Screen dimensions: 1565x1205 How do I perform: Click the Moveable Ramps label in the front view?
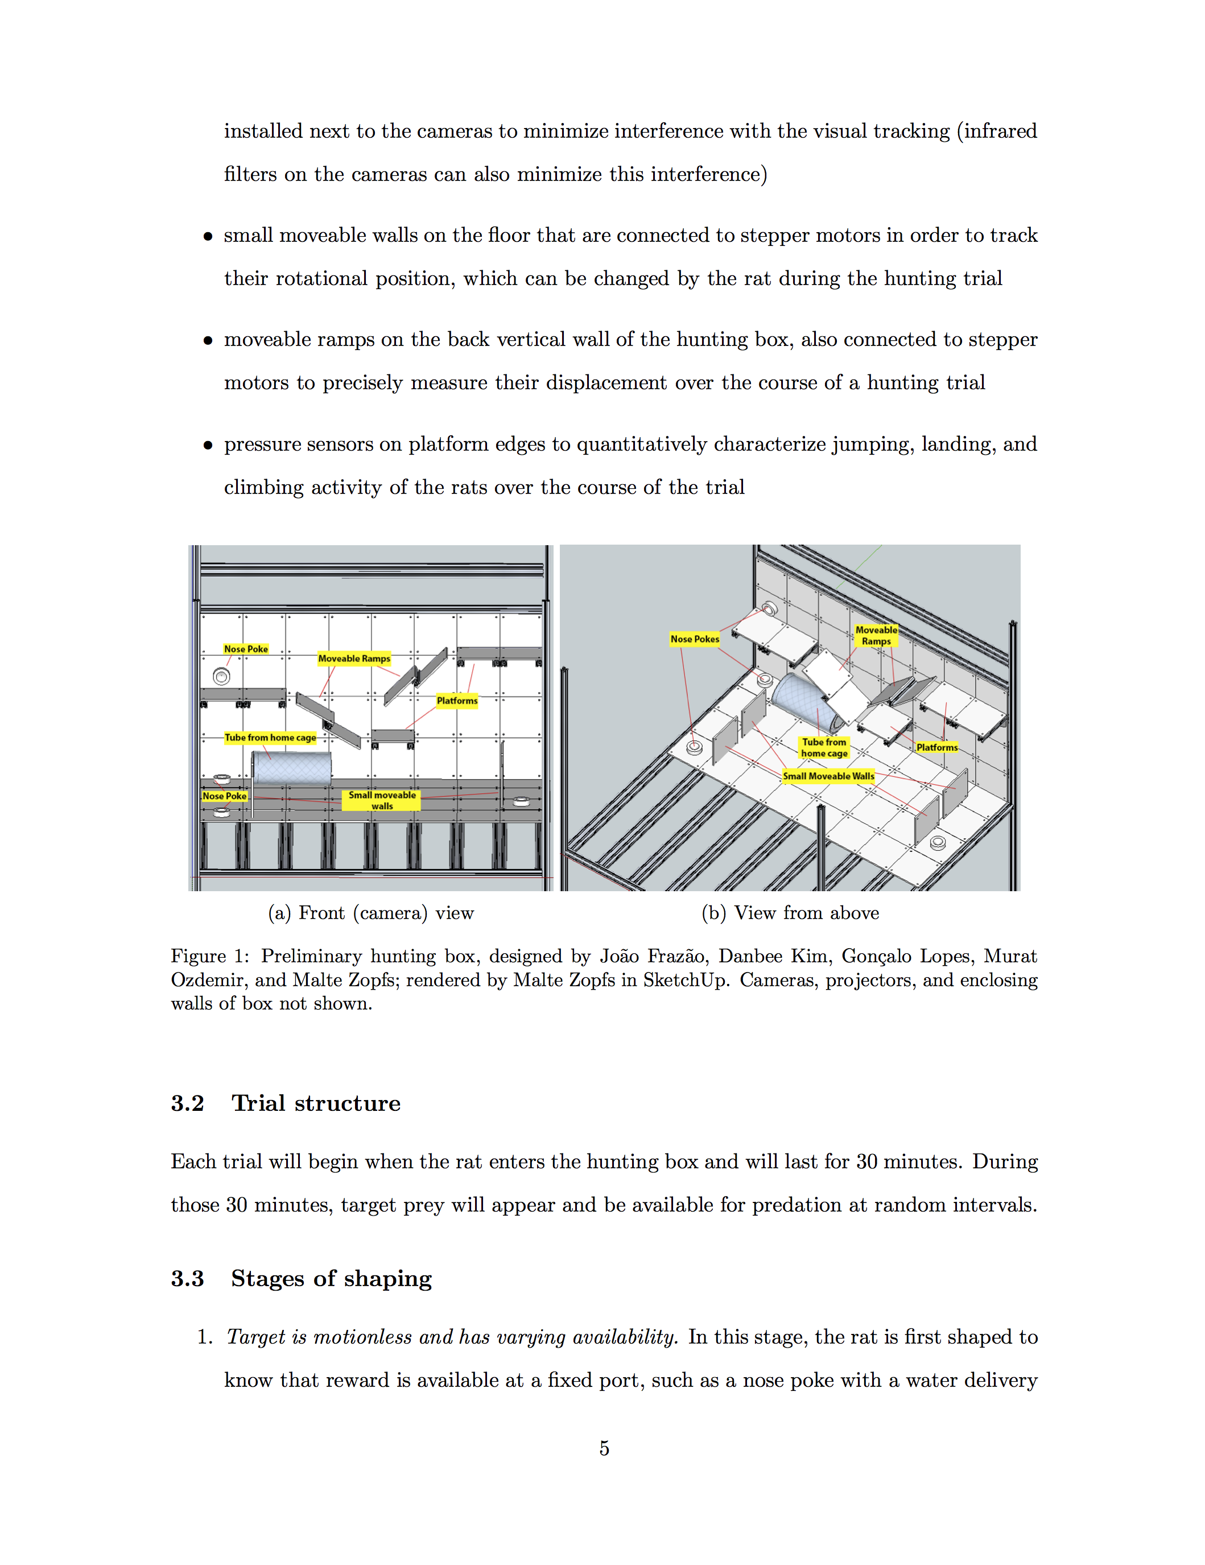click(354, 658)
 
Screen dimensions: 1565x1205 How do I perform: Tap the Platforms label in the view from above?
click(936, 747)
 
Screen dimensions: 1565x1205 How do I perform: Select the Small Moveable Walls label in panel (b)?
click(828, 775)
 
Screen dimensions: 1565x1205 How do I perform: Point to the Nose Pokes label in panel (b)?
click(694, 639)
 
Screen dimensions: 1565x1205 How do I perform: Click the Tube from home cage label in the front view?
click(270, 738)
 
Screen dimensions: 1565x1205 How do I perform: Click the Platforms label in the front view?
click(456, 700)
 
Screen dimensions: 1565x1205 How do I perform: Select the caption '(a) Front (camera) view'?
click(370, 913)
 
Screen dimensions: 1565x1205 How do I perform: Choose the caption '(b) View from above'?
click(790, 913)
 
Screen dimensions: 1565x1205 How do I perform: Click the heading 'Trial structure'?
click(315, 1103)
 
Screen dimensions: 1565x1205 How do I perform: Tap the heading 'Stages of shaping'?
click(331, 1278)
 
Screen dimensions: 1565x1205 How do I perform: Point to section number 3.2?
click(187, 1103)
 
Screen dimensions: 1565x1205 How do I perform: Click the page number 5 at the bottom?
click(604, 1448)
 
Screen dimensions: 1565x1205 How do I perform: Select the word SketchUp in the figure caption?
click(684, 979)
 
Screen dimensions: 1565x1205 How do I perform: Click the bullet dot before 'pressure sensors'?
click(208, 445)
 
